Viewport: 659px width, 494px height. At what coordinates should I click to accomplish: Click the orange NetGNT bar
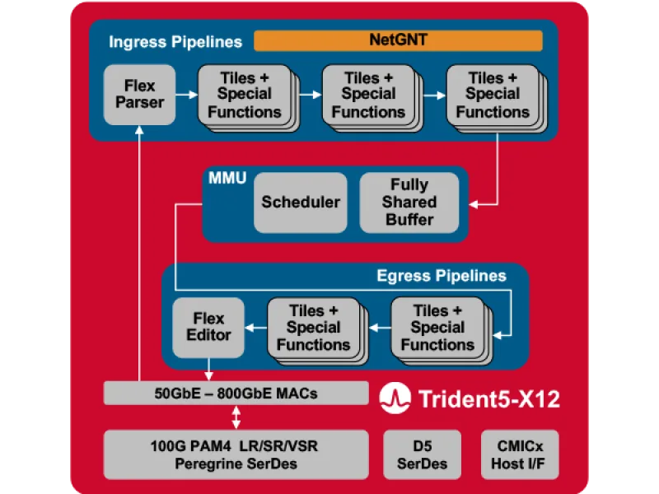coord(398,40)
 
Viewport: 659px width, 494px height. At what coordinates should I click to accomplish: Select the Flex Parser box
coord(139,94)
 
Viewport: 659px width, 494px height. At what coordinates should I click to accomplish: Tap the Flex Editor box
coord(208,326)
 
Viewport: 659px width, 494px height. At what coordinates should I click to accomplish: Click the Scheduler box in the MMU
coord(301,202)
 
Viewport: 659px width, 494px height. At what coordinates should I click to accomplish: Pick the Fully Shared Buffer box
coord(409,202)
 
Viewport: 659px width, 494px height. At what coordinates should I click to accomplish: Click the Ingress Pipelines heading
coord(175,41)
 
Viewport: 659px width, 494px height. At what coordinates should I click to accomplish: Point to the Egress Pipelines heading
coord(441,275)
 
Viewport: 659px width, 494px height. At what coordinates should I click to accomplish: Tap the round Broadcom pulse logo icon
coord(394,399)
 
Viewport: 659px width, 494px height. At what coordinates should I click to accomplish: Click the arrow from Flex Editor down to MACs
coord(208,369)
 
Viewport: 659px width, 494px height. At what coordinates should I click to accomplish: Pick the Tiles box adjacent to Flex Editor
coord(313,327)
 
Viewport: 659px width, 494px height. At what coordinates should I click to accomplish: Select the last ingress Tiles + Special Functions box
coord(492,95)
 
